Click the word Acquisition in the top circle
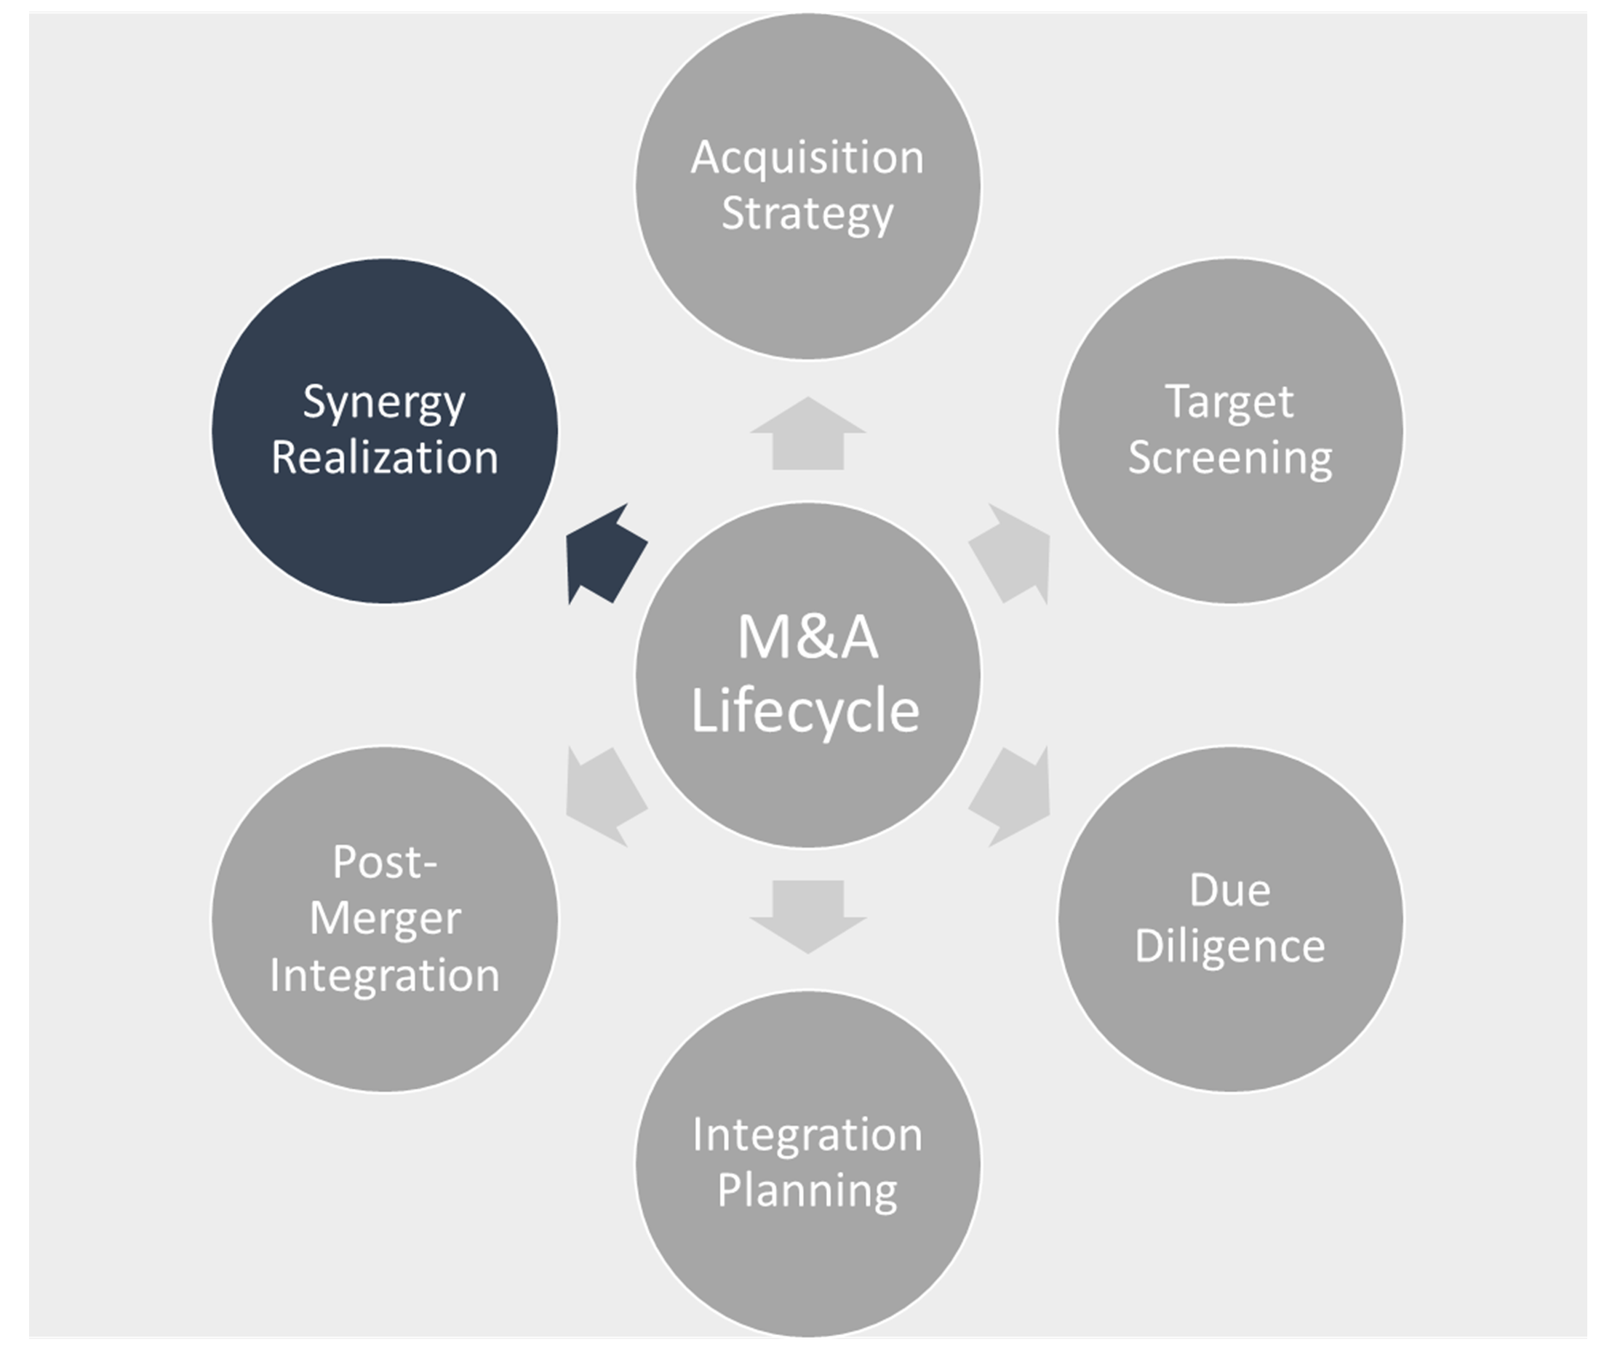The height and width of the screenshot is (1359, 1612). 807,159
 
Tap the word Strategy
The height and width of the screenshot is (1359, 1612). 807,213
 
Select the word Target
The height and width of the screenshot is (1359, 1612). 1229,403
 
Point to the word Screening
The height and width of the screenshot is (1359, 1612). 1229,458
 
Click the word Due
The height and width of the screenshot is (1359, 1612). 1229,890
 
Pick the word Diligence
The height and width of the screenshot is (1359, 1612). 1229,946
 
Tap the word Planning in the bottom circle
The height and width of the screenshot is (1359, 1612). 807,1191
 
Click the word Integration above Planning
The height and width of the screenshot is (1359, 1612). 807,1135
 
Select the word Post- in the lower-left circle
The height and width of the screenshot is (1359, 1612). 384,862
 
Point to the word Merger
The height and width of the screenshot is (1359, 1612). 384,918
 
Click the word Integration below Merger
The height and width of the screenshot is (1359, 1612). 384,976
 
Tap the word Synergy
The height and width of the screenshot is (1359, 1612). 384,403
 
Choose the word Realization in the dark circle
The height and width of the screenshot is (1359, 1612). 384,458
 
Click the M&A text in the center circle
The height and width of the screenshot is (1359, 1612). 807,638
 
